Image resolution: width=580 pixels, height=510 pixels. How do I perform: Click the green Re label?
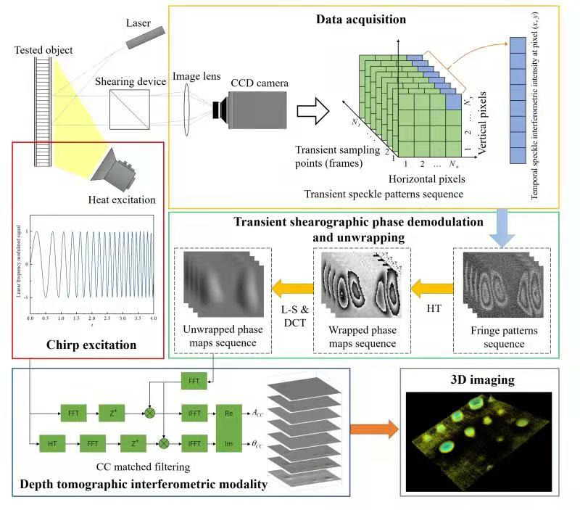pos(228,414)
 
